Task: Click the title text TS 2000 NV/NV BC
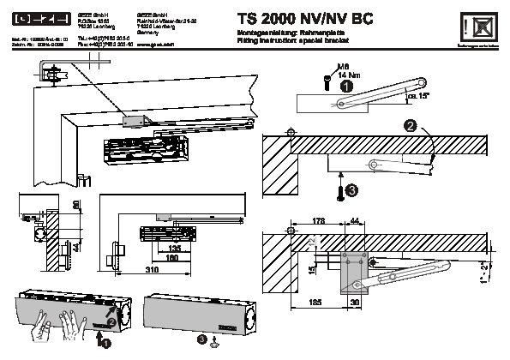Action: (x=297, y=16)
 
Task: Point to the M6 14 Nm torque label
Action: (x=339, y=72)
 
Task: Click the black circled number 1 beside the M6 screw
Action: (x=345, y=86)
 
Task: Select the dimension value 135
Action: (x=176, y=249)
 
